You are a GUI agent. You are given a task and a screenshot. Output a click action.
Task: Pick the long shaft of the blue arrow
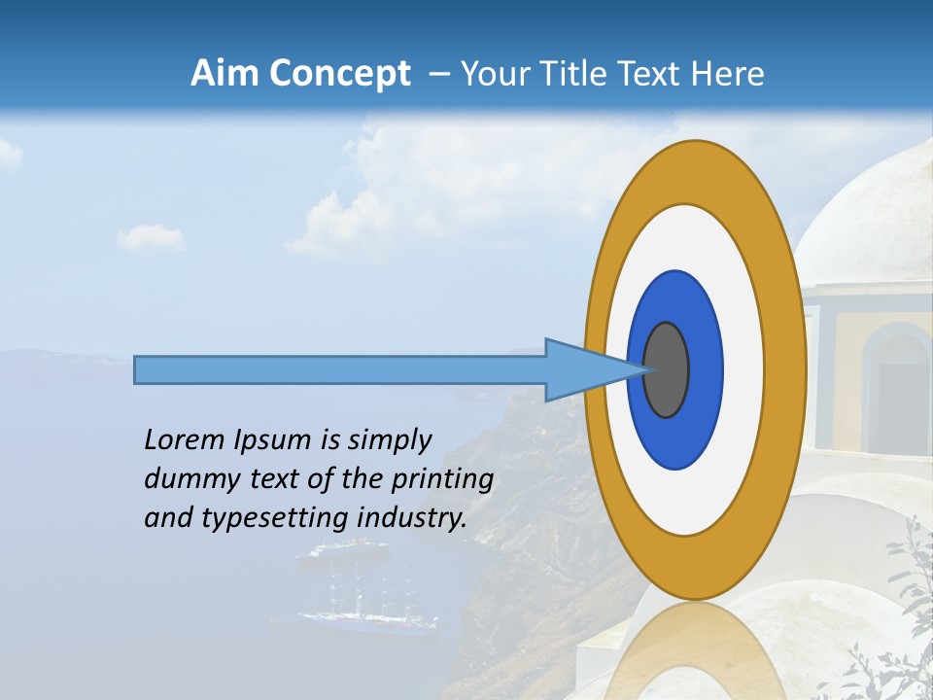(x=340, y=369)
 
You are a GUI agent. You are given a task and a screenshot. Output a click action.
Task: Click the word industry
(x=412, y=518)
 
